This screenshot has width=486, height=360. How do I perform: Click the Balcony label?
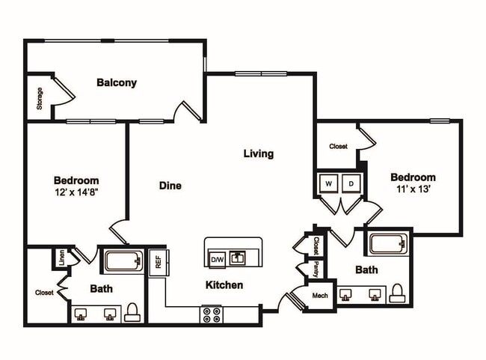(117, 83)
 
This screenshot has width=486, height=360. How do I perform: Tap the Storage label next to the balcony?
(39, 99)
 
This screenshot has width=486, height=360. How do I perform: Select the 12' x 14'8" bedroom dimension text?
(76, 192)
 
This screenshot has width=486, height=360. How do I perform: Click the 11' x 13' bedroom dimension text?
(413, 189)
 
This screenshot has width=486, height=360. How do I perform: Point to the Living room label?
(259, 154)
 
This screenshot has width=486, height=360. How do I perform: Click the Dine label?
(170, 186)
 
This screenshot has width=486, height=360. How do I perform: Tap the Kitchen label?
(224, 285)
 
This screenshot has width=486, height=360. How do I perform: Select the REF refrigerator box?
(158, 262)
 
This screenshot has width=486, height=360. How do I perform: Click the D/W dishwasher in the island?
(217, 259)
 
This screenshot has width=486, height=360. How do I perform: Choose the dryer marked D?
(350, 183)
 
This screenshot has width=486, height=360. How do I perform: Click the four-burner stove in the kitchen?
(211, 314)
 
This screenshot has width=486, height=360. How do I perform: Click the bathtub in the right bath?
(387, 244)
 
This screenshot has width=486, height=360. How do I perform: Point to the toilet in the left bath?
(132, 311)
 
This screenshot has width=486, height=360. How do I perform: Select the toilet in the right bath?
(398, 292)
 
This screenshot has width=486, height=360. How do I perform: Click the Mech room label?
(320, 296)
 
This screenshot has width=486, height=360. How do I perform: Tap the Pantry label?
(316, 269)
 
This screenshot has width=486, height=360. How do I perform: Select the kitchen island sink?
(239, 258)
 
